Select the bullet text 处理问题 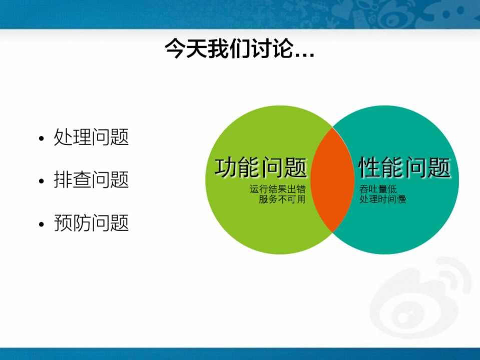[x=91, y=136]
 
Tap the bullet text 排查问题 [x=91, y=179]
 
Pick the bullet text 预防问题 [x=91, y=222]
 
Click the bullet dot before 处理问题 [x=42, y=138]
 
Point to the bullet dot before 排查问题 [x=42, y=181]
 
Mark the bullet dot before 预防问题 [x=42, y=224]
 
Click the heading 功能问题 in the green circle [x=261, y=167]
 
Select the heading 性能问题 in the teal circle [x=404, y=167]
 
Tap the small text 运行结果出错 [x=277, y=189]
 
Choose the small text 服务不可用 [x=282, y=199]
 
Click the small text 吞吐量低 [x=378, y=189]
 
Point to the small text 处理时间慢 [x=383, y=199]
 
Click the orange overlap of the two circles [x=332, y=180]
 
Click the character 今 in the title [x=175, y=48]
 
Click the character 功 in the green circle [x=226, y=167]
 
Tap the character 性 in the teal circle [x=370, y=167]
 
